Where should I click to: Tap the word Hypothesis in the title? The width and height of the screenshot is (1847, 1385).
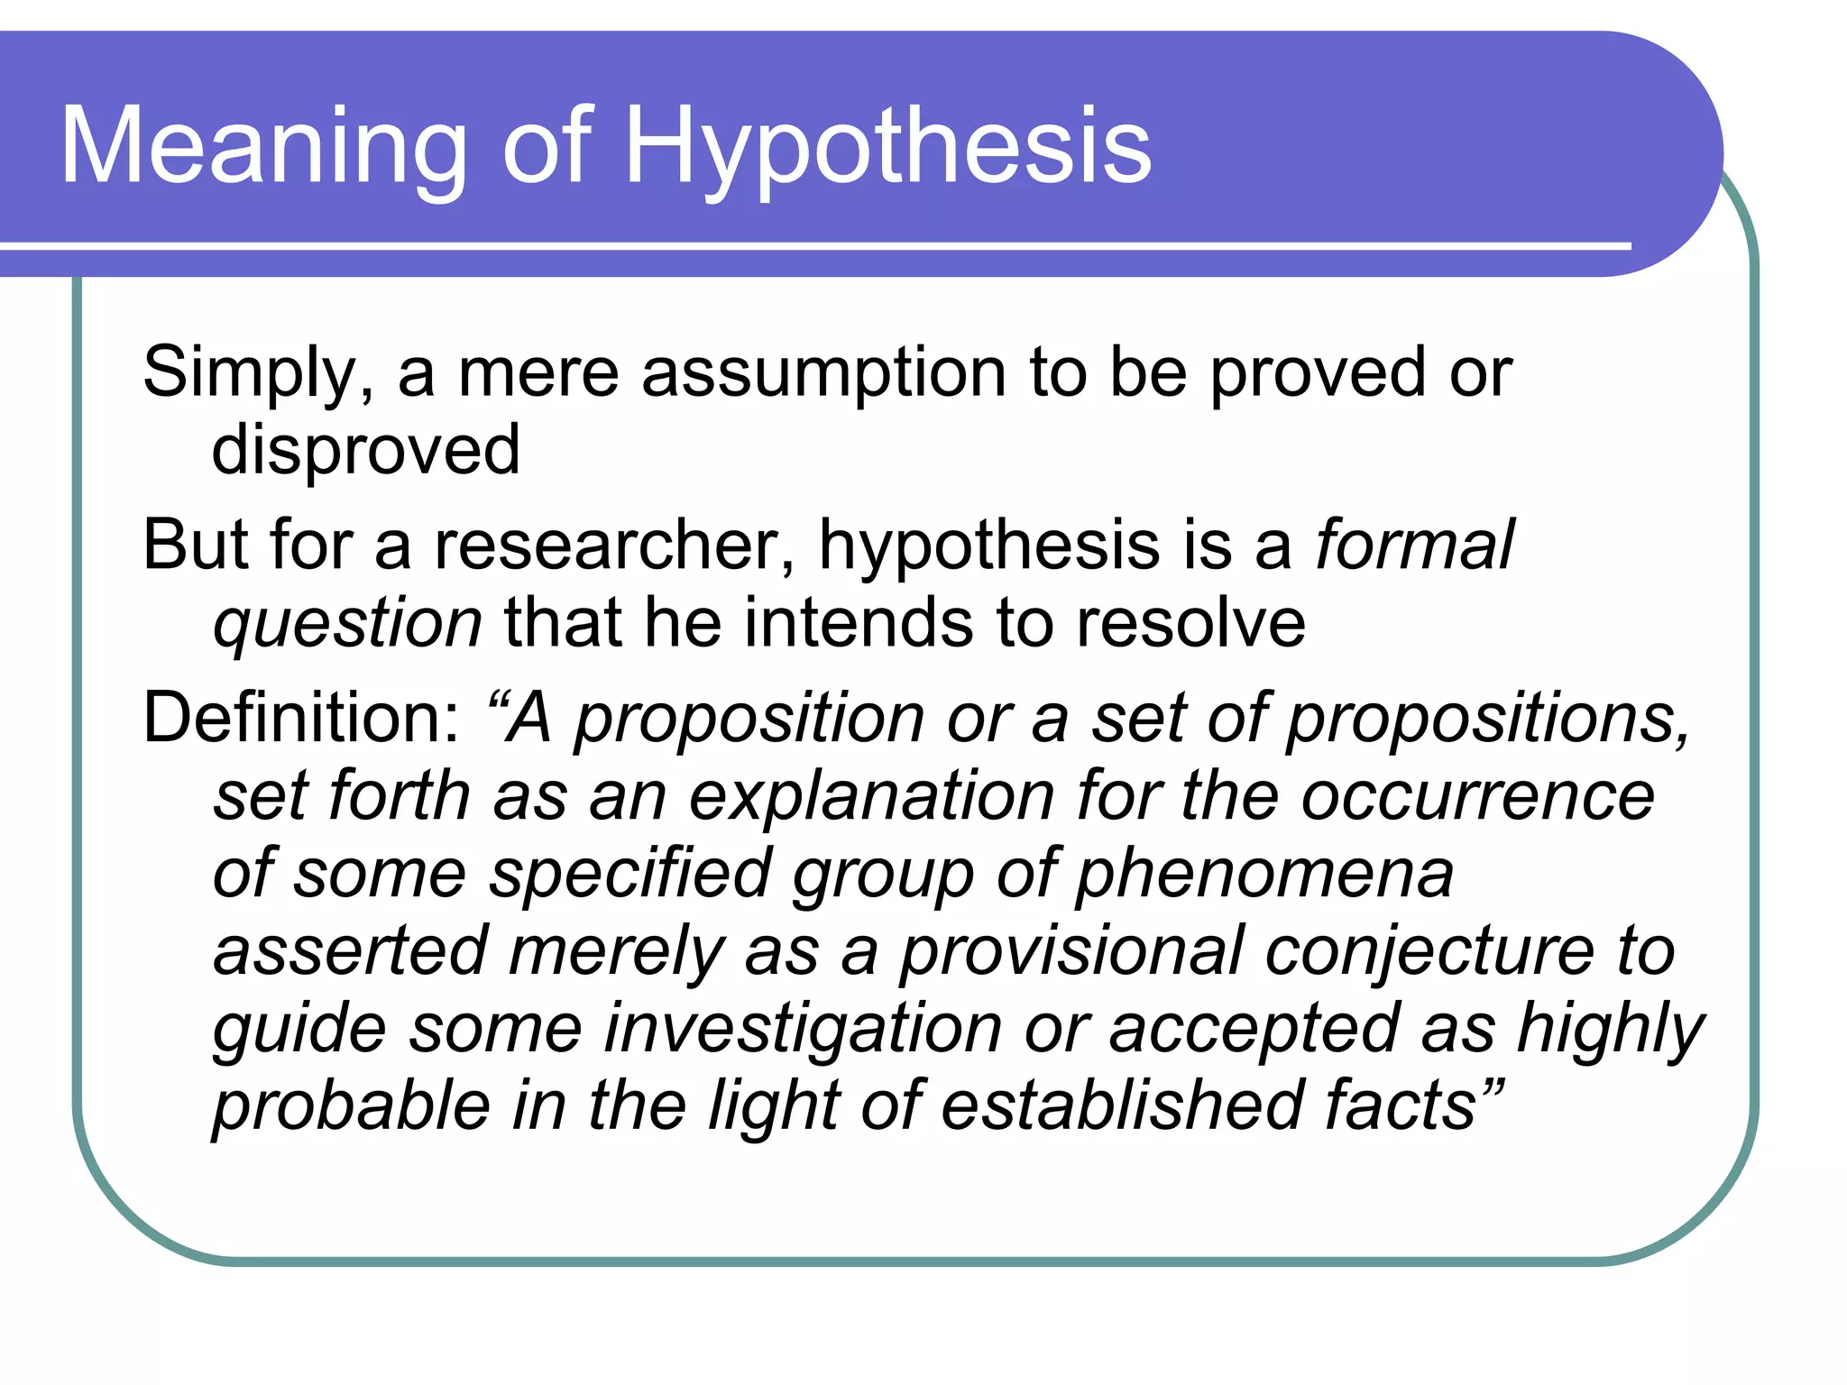tap(887, 146)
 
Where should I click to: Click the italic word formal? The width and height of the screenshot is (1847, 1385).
tap(1414, 546)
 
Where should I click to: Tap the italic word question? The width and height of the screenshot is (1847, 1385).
tap(347, 623)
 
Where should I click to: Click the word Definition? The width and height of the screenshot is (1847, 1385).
tap(303, 718)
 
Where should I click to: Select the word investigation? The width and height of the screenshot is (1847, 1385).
tap(803, 1029)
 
